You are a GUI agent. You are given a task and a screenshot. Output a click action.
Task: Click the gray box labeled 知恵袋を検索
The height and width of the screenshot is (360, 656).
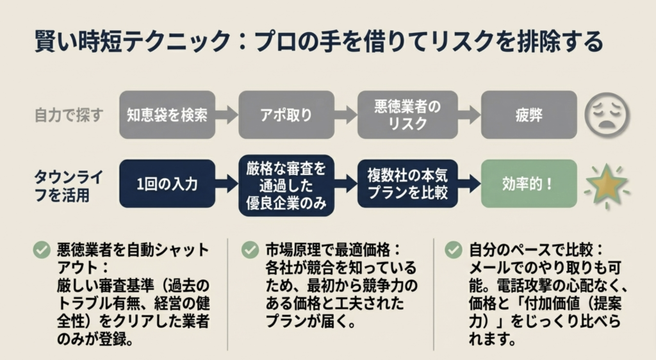tap(167, 115)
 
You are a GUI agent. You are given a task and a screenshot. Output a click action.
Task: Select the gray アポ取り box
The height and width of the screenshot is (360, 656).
tap(286, 115)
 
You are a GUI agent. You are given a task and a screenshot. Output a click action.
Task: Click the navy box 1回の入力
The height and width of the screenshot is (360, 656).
tap(167, 184)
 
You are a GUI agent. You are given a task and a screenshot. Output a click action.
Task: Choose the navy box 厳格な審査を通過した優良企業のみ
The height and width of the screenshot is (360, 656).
tap(286, 184)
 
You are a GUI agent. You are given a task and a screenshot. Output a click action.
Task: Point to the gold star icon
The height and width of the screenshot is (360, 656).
tap(607, 185)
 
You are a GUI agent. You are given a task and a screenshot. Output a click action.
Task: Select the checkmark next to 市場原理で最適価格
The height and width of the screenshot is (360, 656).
tap(250, 250)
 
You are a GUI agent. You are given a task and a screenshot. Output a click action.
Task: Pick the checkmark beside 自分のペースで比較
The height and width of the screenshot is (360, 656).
tap(454, 250)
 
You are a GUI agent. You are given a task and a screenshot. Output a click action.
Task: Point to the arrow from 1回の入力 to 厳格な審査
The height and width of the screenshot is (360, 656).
tap(227, 184)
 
